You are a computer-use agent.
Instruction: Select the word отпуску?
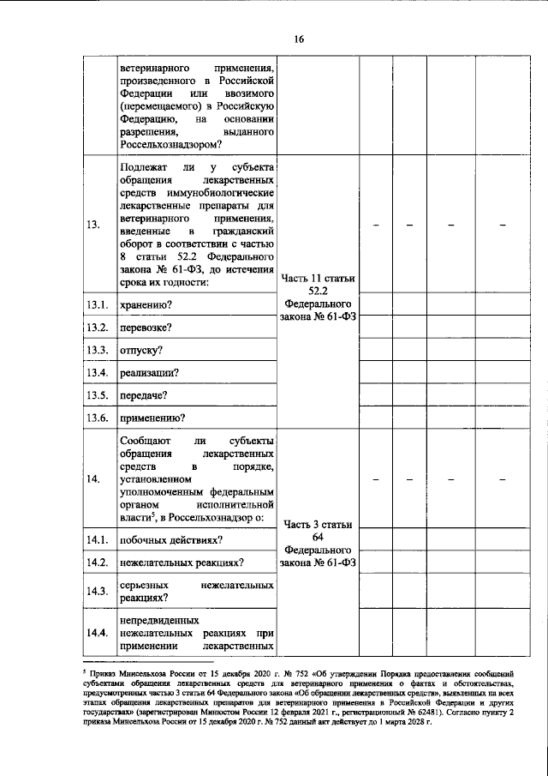pos(141,351)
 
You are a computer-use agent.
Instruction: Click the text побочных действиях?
pos(172,539)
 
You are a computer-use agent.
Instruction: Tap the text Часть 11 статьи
pos(318,278)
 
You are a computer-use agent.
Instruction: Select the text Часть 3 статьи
pos(318,524)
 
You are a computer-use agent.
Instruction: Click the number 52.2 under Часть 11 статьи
pos(318,292)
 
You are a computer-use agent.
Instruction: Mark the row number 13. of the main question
pos(93,225)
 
